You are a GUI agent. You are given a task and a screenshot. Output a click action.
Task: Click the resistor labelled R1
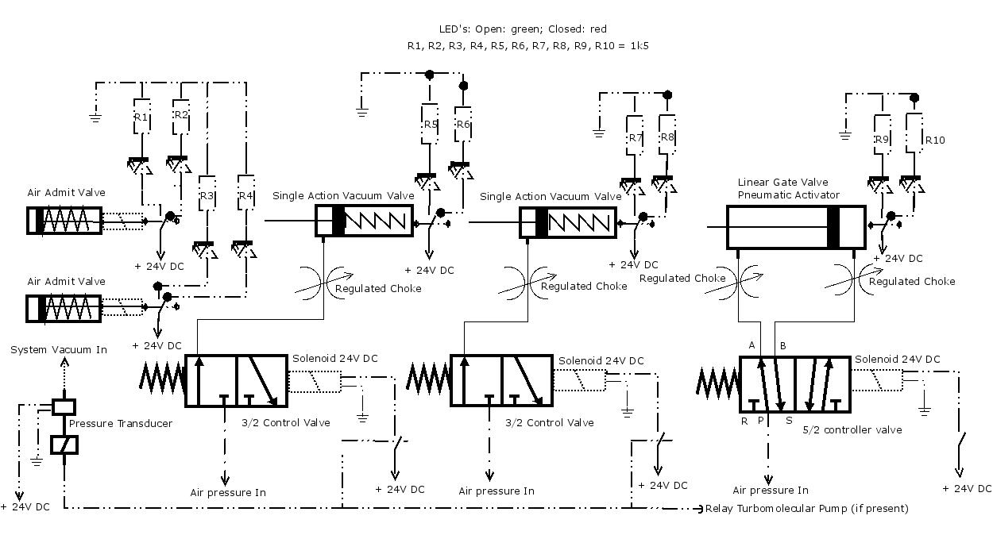(142, 117)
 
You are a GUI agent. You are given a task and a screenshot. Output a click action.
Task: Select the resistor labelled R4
(246, 193)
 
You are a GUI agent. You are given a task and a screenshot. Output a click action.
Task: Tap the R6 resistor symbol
(463, 124)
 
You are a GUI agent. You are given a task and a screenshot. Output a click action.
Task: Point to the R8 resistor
(667, 135)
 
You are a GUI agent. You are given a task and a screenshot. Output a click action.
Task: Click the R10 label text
(935, 140)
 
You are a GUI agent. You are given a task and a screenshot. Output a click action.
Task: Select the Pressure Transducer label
(120, 423)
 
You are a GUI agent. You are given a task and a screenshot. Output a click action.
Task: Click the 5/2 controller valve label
(852, 429)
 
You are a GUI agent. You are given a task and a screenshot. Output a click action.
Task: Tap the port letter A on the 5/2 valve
(752, 345)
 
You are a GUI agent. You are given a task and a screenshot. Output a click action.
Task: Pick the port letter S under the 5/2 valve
(789, 420)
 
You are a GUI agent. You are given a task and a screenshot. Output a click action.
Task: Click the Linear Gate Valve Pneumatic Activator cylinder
(796, 227)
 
